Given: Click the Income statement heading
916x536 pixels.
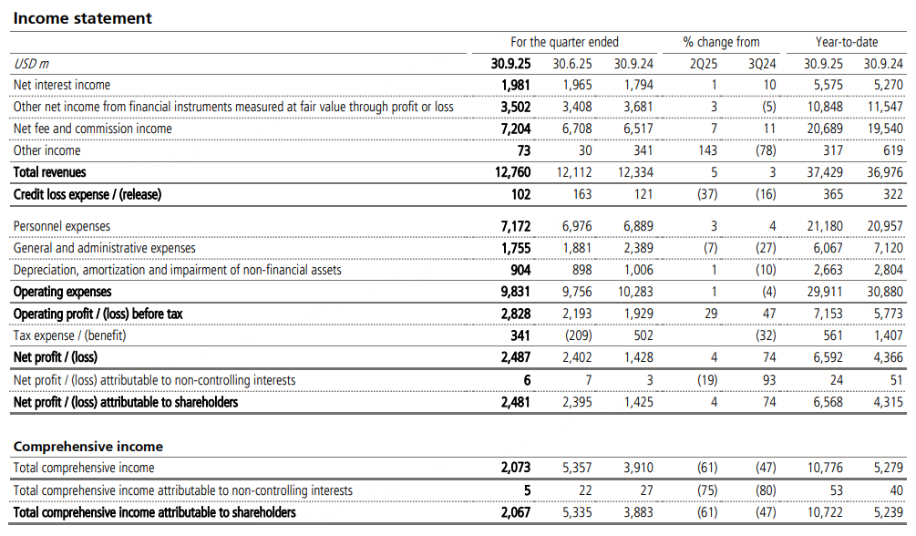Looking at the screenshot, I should pyautogui.click(x=81, y=18).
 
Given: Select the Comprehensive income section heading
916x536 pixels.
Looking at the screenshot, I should pyautogui.click(x=88, y=447).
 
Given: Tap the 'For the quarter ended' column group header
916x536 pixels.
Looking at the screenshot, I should pyautogui.click(x=564, y=42).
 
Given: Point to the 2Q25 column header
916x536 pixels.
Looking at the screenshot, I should pyautogui.click(x=704, y=64).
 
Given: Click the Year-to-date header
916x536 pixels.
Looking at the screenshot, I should pyautogui.click(x=847, y=42).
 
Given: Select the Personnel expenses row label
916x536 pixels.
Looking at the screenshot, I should pyautogui.click(x=62, y=226).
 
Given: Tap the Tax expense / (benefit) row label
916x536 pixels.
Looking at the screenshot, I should pyautogui.click(x=70, y=335).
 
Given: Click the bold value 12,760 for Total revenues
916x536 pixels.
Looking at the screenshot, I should pyautogui.click(x=511, y=172).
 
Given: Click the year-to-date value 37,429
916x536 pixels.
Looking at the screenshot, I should pyautogui.click(x=824, y=172).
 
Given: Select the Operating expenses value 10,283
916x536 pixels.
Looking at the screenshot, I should pyautogui.click(x=633, y=292).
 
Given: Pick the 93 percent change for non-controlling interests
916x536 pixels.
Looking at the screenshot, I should pyautogui.click(x=769, y=379).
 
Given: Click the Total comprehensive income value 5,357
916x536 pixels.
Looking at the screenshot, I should pyautogui.click(x=576, y=468).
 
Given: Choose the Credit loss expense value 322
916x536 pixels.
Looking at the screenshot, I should pyautogui.click(x=893, y=194).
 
